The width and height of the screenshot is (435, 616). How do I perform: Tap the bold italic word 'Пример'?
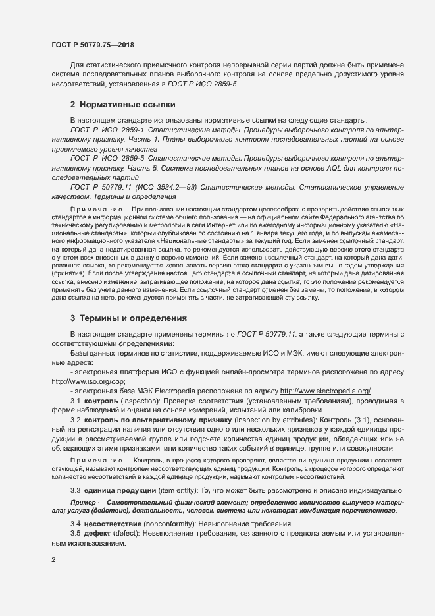tap(84, 503)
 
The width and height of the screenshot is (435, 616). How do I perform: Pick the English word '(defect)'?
tap(132, 532)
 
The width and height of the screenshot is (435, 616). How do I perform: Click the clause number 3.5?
tap(75, 532)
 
